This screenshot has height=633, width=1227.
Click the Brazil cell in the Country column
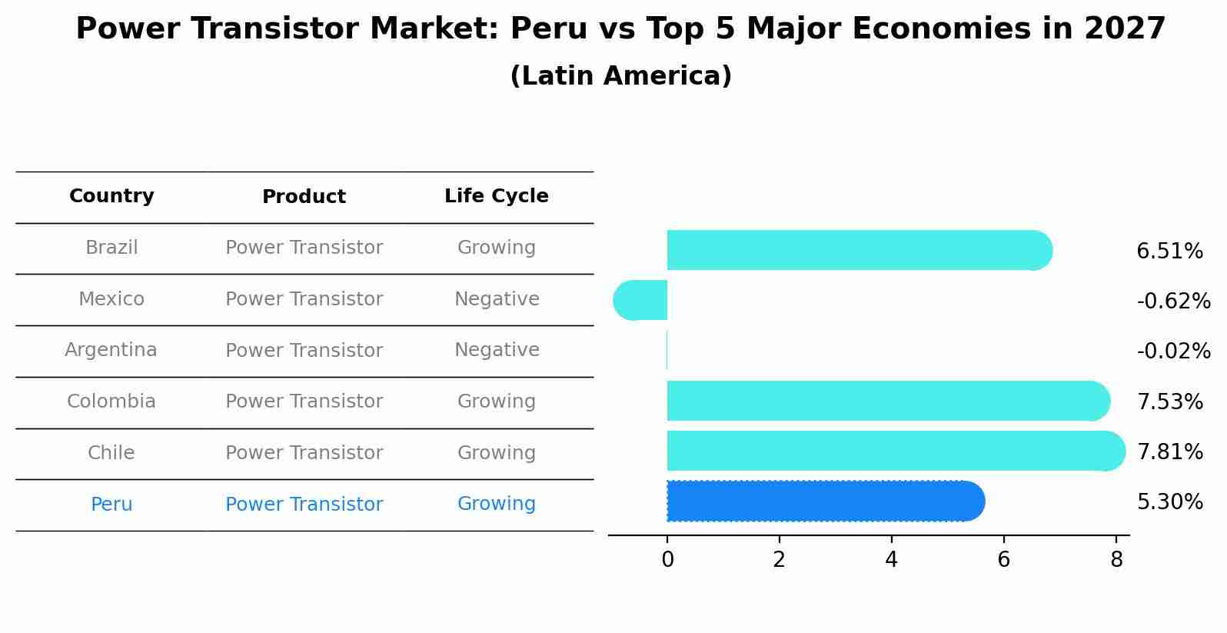click(111, 248)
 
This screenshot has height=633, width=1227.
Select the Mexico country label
click(111, 299)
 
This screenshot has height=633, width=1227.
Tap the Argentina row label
click(111, 350)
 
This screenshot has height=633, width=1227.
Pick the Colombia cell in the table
click(111, 401)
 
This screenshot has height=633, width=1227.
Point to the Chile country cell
click(111, 453)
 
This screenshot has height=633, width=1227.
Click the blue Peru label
click(111, 505)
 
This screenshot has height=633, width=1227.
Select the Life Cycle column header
click(496, 196)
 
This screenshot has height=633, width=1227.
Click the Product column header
click(304, 197)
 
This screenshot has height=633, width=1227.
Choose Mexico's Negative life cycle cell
click(497, 299)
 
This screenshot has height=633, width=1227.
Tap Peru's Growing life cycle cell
click(496, 504)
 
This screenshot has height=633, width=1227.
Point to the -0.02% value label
click(1173, 351)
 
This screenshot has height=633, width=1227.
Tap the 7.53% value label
click(1169, 401)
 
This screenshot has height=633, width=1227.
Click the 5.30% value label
click(1169, 502)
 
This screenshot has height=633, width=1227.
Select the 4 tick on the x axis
click(891, 560)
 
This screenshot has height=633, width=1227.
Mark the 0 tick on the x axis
click(667, 560)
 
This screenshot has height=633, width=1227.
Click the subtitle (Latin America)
click(620, 76)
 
